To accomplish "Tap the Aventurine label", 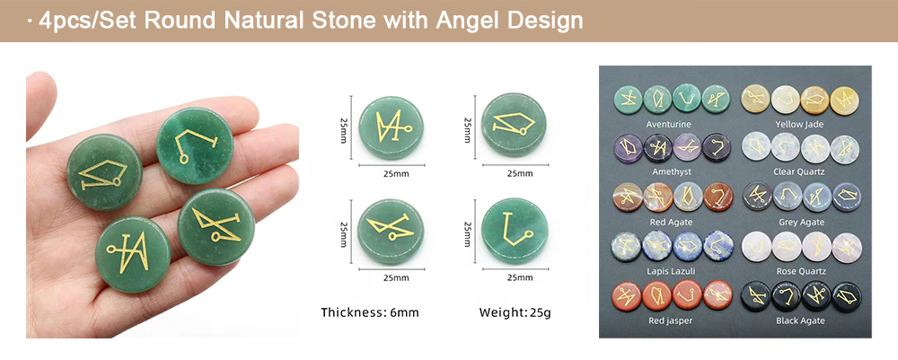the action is click(x=668, y=124).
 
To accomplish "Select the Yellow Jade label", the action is click(x=799, y=124).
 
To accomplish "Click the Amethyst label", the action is click(x=671, y=171).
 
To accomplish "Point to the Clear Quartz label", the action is click(x=799, y=171).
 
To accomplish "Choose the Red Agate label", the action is click(x=671, y=222).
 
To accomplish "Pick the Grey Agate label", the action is click(x=801, y=222).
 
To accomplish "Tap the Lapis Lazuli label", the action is click(x=671, y=271).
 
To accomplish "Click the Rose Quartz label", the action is click(x=801, y=271).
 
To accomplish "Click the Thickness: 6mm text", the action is click(x=369, y=312).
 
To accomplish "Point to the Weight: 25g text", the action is click(x=515, y=312).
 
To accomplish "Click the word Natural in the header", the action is click(x=268, y=21).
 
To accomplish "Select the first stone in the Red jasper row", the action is click(x=629, y=295).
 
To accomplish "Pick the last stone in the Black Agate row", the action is click(x=846, y=296).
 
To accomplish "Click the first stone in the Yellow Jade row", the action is click(x=756, y=99).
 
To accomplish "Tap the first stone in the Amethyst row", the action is click(x=629, y=148).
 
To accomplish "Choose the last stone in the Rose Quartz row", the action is click(x=846, y=247).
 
